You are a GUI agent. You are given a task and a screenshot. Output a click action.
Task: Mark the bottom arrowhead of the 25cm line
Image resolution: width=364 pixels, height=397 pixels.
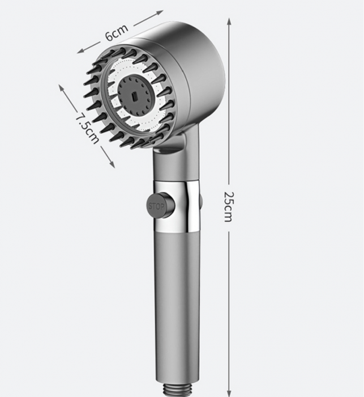(x=229, y=393)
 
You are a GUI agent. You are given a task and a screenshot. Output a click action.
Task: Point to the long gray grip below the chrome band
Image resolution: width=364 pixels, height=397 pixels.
(x=175, y=301)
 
